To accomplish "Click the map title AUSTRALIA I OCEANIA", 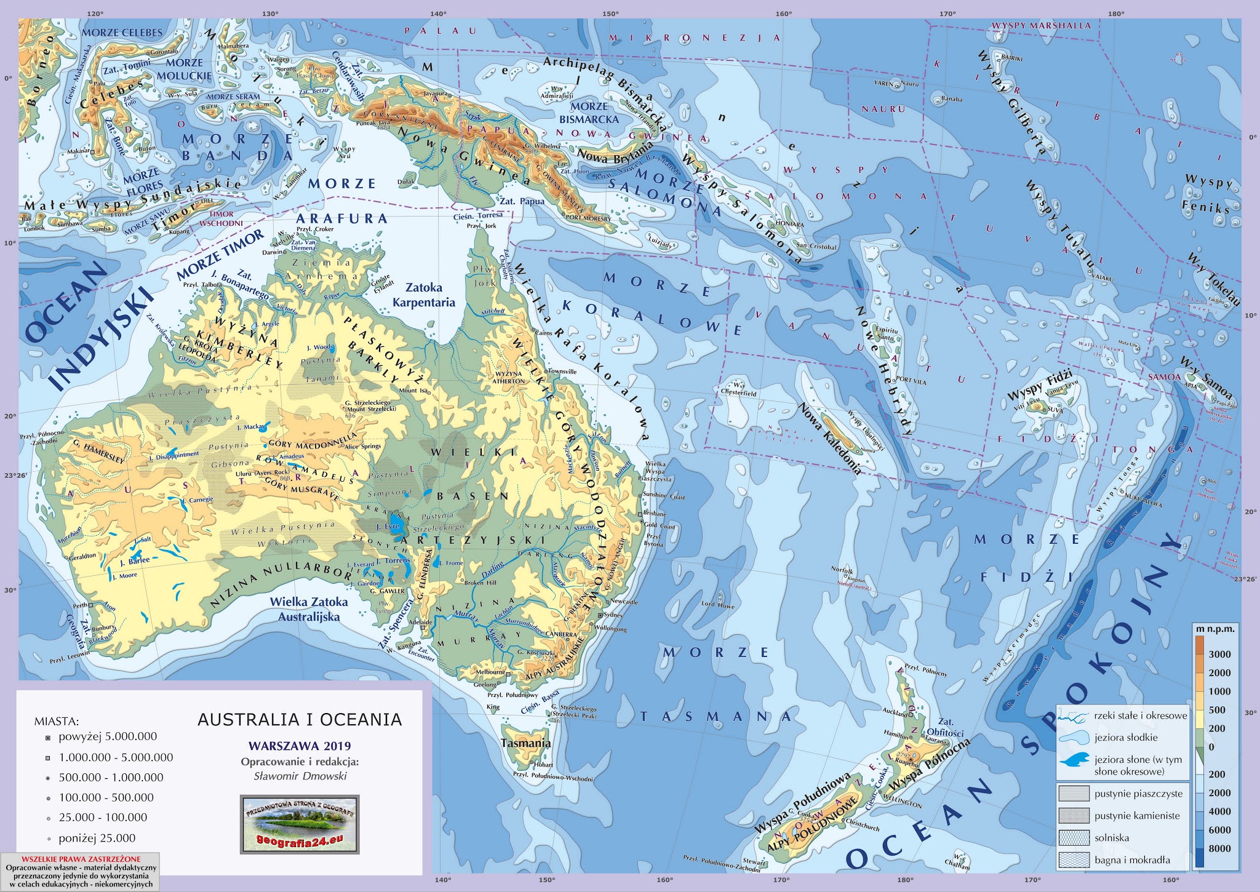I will point(300,719).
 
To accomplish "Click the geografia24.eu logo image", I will point(299,824).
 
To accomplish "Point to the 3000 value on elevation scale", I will point(1220,654).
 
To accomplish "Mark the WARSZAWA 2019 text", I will point(300,747).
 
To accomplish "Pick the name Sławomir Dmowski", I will point(300,776).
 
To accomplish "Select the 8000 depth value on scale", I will point(1220,848).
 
